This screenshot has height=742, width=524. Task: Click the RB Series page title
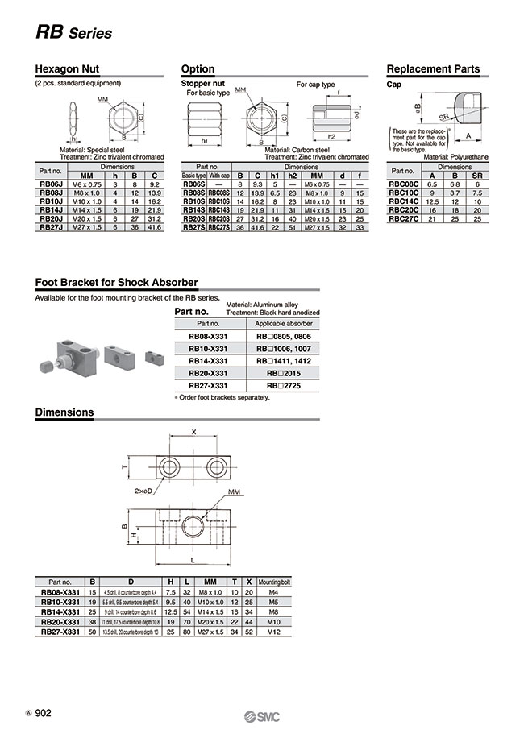click(73, 33)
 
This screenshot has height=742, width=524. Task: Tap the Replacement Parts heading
click(433, 69)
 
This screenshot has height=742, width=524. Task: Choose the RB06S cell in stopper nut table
click(193, 184)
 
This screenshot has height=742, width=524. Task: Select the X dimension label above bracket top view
click(193, 432)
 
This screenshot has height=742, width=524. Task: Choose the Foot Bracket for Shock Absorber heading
click(116, 283)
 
